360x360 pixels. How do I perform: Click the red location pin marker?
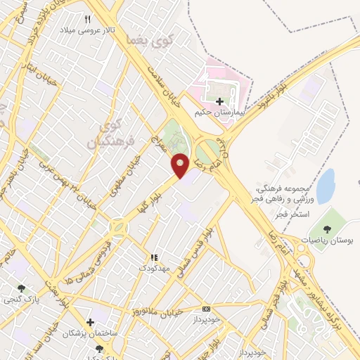pos(181,165)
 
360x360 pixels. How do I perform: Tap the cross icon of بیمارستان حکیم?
pos(220,101)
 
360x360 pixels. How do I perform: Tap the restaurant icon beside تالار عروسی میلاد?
pos(88,19)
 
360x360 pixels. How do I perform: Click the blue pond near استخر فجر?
pos(326,185)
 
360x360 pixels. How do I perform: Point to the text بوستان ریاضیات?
pos(325,239)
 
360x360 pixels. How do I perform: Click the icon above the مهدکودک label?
pos(153,257)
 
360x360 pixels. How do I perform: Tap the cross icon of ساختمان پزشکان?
pos(89,321)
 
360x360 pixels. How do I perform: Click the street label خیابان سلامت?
pos(163,85)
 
